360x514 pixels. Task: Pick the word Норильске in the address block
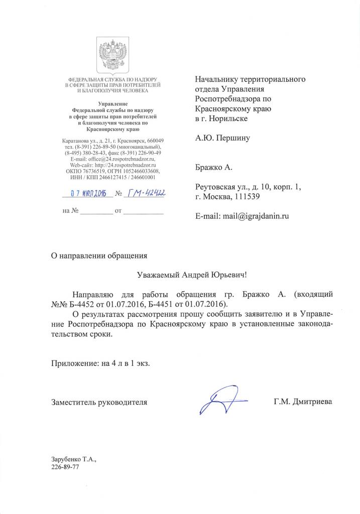230,118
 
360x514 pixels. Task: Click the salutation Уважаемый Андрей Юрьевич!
193,275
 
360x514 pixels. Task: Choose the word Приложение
74,364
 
